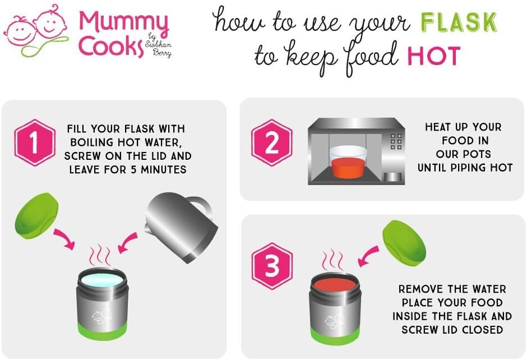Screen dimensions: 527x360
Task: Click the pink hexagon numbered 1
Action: [35, 142]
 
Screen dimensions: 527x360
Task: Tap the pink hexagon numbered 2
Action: [272, 142]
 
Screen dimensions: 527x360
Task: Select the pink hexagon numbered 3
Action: [272, 266]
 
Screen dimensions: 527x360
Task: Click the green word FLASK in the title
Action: [459, 22]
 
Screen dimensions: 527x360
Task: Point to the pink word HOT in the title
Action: [433, 56]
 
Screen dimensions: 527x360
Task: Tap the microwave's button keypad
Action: [396, 141]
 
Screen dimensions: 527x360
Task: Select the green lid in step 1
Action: [36, 215]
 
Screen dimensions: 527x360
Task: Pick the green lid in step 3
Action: [404, 243]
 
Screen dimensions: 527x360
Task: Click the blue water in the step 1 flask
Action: [102, 280]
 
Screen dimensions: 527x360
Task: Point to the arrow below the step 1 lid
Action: [65, 239]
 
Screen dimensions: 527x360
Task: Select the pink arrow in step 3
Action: [368, 256]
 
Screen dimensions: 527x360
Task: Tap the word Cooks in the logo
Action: [111, 47]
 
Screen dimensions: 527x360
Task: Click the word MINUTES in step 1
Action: [163, 170]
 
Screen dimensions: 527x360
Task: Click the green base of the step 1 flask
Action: [103, 331]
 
